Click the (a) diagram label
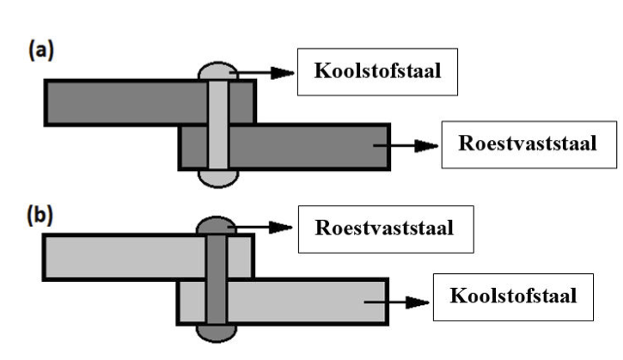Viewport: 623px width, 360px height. pyautogui.click(x=41, y=51)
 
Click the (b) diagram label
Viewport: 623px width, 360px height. pyautogui.click(x=40, y=215)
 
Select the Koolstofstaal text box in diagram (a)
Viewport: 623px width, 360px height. pyautogui.click(x=377, y=72)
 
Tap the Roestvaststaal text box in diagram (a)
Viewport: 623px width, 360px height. pyautogui.click(x=528, y=144)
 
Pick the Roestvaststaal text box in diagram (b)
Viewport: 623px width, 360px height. pyautogui.click(x=386, y=229)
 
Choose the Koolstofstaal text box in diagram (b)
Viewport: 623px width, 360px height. pyautogui.click(x=513, y=297)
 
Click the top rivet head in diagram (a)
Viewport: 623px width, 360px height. pyautogui.click(x=217, y=71)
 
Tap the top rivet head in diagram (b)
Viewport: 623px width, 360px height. pyautogui.click(x=217, y=226)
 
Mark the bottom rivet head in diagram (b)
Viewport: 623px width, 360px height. pyautogui.click(x=217, y=333)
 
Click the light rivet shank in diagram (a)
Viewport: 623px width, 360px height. pyautogui.click(x=218, y=125)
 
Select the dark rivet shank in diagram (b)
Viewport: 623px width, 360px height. pyautogui.click(x=217, y=280)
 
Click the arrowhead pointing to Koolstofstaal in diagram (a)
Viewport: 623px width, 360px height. pyautogui.click(x=283, y=73)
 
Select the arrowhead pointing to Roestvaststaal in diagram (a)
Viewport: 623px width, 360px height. pyautogui.click(x=426, y=146)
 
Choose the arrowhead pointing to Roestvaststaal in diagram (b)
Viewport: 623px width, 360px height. pyautogui.click(x=281, y=228)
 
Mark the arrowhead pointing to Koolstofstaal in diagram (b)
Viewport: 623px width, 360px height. pyautogui.click(x=418, y=302)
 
